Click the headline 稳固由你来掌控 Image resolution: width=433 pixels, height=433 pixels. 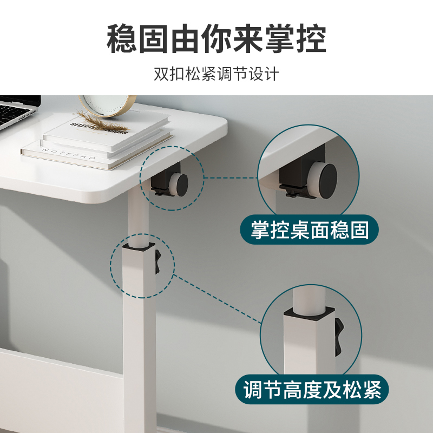pos(216,38)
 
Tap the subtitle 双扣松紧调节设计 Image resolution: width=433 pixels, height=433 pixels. pos(216,73)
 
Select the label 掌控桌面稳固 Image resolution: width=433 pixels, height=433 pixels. pos(310,230)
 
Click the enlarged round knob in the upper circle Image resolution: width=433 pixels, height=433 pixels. pos(327,177)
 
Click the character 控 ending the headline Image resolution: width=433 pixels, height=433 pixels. pos(311,38)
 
